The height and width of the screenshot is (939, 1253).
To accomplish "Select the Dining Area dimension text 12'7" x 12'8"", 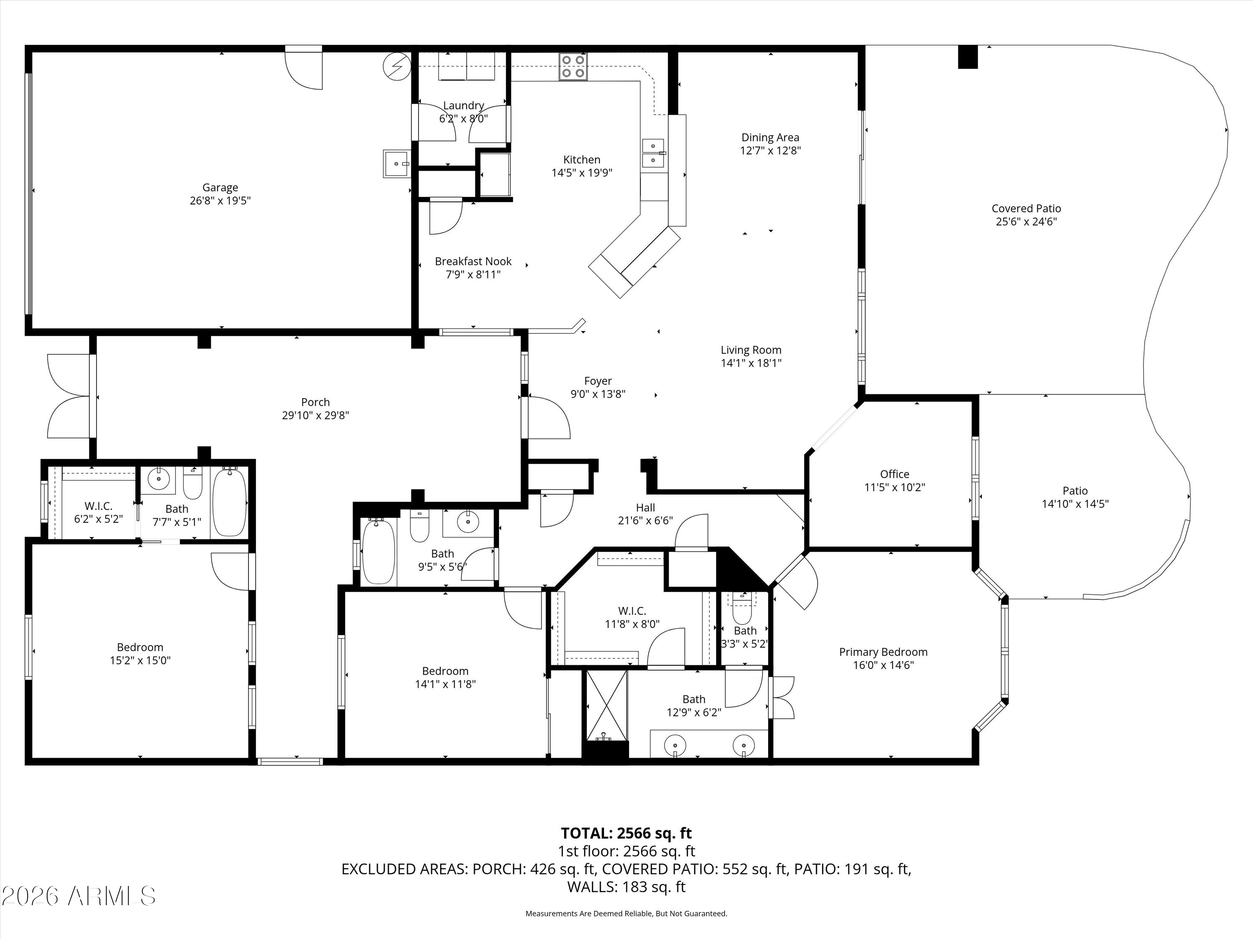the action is point(770,151).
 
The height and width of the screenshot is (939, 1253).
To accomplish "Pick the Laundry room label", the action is point(463,105).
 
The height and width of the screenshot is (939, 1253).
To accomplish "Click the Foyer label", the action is point(598,381).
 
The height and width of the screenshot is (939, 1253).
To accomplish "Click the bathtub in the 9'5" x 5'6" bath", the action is point(378,551).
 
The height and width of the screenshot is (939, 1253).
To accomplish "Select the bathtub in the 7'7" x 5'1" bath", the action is point(229,502).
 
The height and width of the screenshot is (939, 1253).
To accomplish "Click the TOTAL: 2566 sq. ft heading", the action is point(626,833).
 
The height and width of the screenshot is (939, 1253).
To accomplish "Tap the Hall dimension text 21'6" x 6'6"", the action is point(645,520).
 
